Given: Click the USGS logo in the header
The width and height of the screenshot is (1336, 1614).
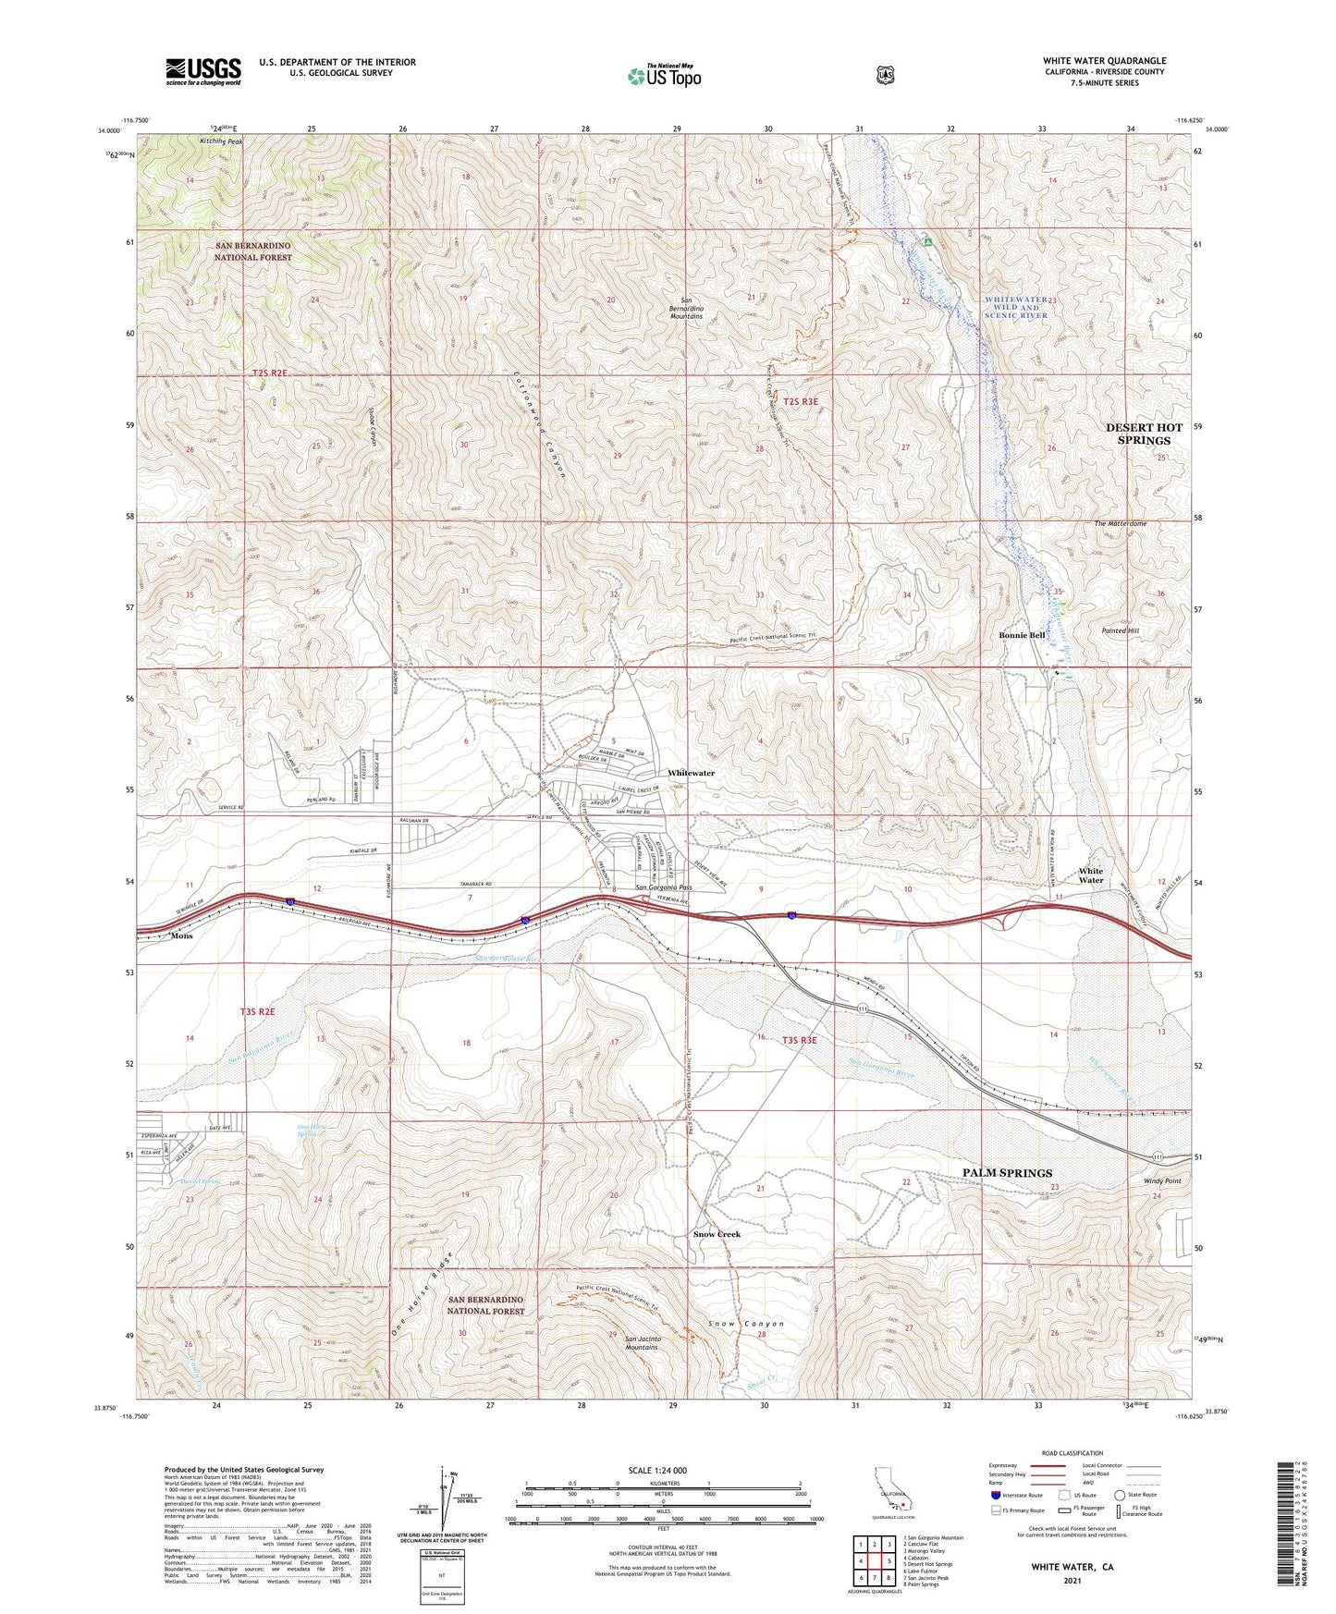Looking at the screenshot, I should coord(203,71).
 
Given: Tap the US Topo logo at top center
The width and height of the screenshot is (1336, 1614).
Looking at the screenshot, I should coord(663,76).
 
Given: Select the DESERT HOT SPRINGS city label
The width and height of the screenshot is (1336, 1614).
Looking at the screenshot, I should coord(1144,434).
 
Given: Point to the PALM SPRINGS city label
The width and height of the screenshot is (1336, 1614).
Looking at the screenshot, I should coord(1007,1172).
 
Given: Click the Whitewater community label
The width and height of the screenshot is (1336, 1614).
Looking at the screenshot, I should coord(691,773).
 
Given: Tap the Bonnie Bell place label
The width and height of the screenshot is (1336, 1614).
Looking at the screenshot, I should coord(1022,635).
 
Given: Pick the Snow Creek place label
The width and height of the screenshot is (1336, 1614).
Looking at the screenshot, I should coord(717,1234).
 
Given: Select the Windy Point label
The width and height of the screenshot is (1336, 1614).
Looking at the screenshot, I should coord(1162,1181).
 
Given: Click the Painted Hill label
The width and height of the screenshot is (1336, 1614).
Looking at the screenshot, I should coord(1121,630).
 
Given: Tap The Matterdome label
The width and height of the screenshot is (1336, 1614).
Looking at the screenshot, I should coord(1120,523).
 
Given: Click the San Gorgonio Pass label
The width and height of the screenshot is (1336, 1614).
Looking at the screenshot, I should coord(663,888).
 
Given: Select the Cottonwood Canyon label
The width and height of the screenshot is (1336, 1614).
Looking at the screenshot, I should coord(539,423).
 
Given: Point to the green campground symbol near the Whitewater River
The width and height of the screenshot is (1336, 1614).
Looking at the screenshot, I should coord(927,241).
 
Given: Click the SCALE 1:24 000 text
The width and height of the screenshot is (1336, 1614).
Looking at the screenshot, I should coord(656,1470).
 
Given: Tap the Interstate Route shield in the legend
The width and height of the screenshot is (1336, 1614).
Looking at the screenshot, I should coord(995,1520).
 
